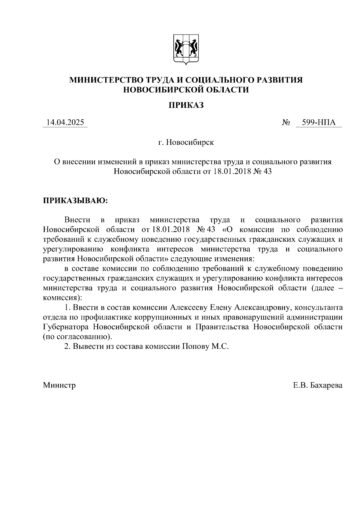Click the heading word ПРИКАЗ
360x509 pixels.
click(186, 105)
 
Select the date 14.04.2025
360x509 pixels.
click(65, 123)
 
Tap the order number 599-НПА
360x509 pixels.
click(319, 123)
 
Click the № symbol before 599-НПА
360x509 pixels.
click(286, 123)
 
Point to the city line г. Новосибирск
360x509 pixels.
click(186, 142)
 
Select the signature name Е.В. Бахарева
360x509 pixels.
click(318, 385)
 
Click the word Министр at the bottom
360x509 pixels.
click(59, 385)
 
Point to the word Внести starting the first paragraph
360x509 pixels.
click(77, 220)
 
